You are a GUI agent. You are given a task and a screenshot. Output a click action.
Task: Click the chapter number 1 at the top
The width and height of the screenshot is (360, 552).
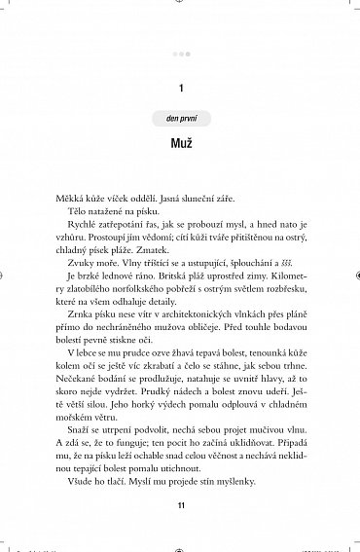(x=182, y=88)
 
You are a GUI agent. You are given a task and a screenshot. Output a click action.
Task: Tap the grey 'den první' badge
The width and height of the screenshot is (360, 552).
(x=181, y=119)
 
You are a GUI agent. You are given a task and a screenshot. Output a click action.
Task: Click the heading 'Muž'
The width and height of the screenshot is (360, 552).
(x=181, y=144)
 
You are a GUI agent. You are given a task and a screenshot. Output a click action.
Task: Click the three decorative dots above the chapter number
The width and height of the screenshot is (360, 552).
(x=181, y=55)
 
